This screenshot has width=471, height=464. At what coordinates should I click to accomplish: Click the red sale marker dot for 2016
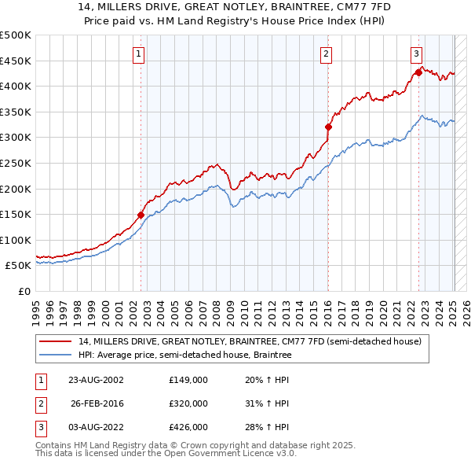tap(328, 127)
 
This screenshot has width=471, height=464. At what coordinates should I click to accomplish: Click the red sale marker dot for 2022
tap(418, 73)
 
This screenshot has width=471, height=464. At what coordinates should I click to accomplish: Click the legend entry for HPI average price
tap(184, 355)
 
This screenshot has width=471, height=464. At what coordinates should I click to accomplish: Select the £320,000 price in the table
tap(188, 403)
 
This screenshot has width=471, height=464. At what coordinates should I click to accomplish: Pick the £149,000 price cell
tap(188, 380)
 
